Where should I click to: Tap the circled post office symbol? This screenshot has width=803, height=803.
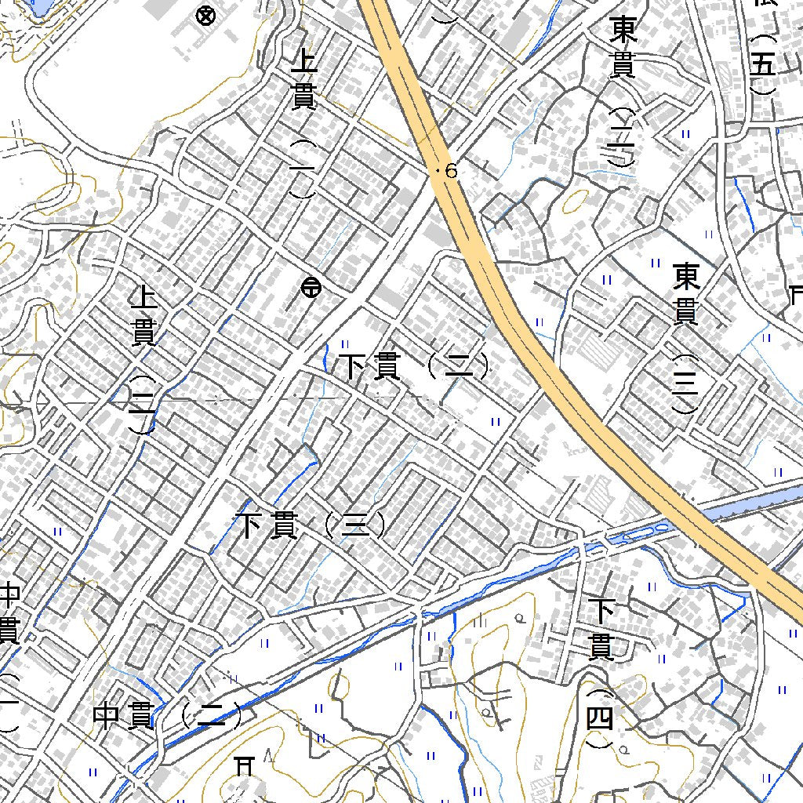[310, 289]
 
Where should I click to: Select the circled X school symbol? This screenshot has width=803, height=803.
[206, 15]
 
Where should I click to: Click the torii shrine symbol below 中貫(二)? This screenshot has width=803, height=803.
[246, 765]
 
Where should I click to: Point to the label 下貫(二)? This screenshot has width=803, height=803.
[414, 366]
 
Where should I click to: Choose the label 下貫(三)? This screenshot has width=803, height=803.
[311, 525]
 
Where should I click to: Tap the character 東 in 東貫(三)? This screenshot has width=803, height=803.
[686, 277]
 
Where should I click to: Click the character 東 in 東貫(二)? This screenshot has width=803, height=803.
[623, 32]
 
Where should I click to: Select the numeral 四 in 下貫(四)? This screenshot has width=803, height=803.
[600, 718]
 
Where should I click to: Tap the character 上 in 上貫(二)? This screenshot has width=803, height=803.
[143, 298]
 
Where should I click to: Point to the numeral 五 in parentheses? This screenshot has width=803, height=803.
[763, 66]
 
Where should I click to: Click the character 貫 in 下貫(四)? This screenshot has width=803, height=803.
[601, 647]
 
